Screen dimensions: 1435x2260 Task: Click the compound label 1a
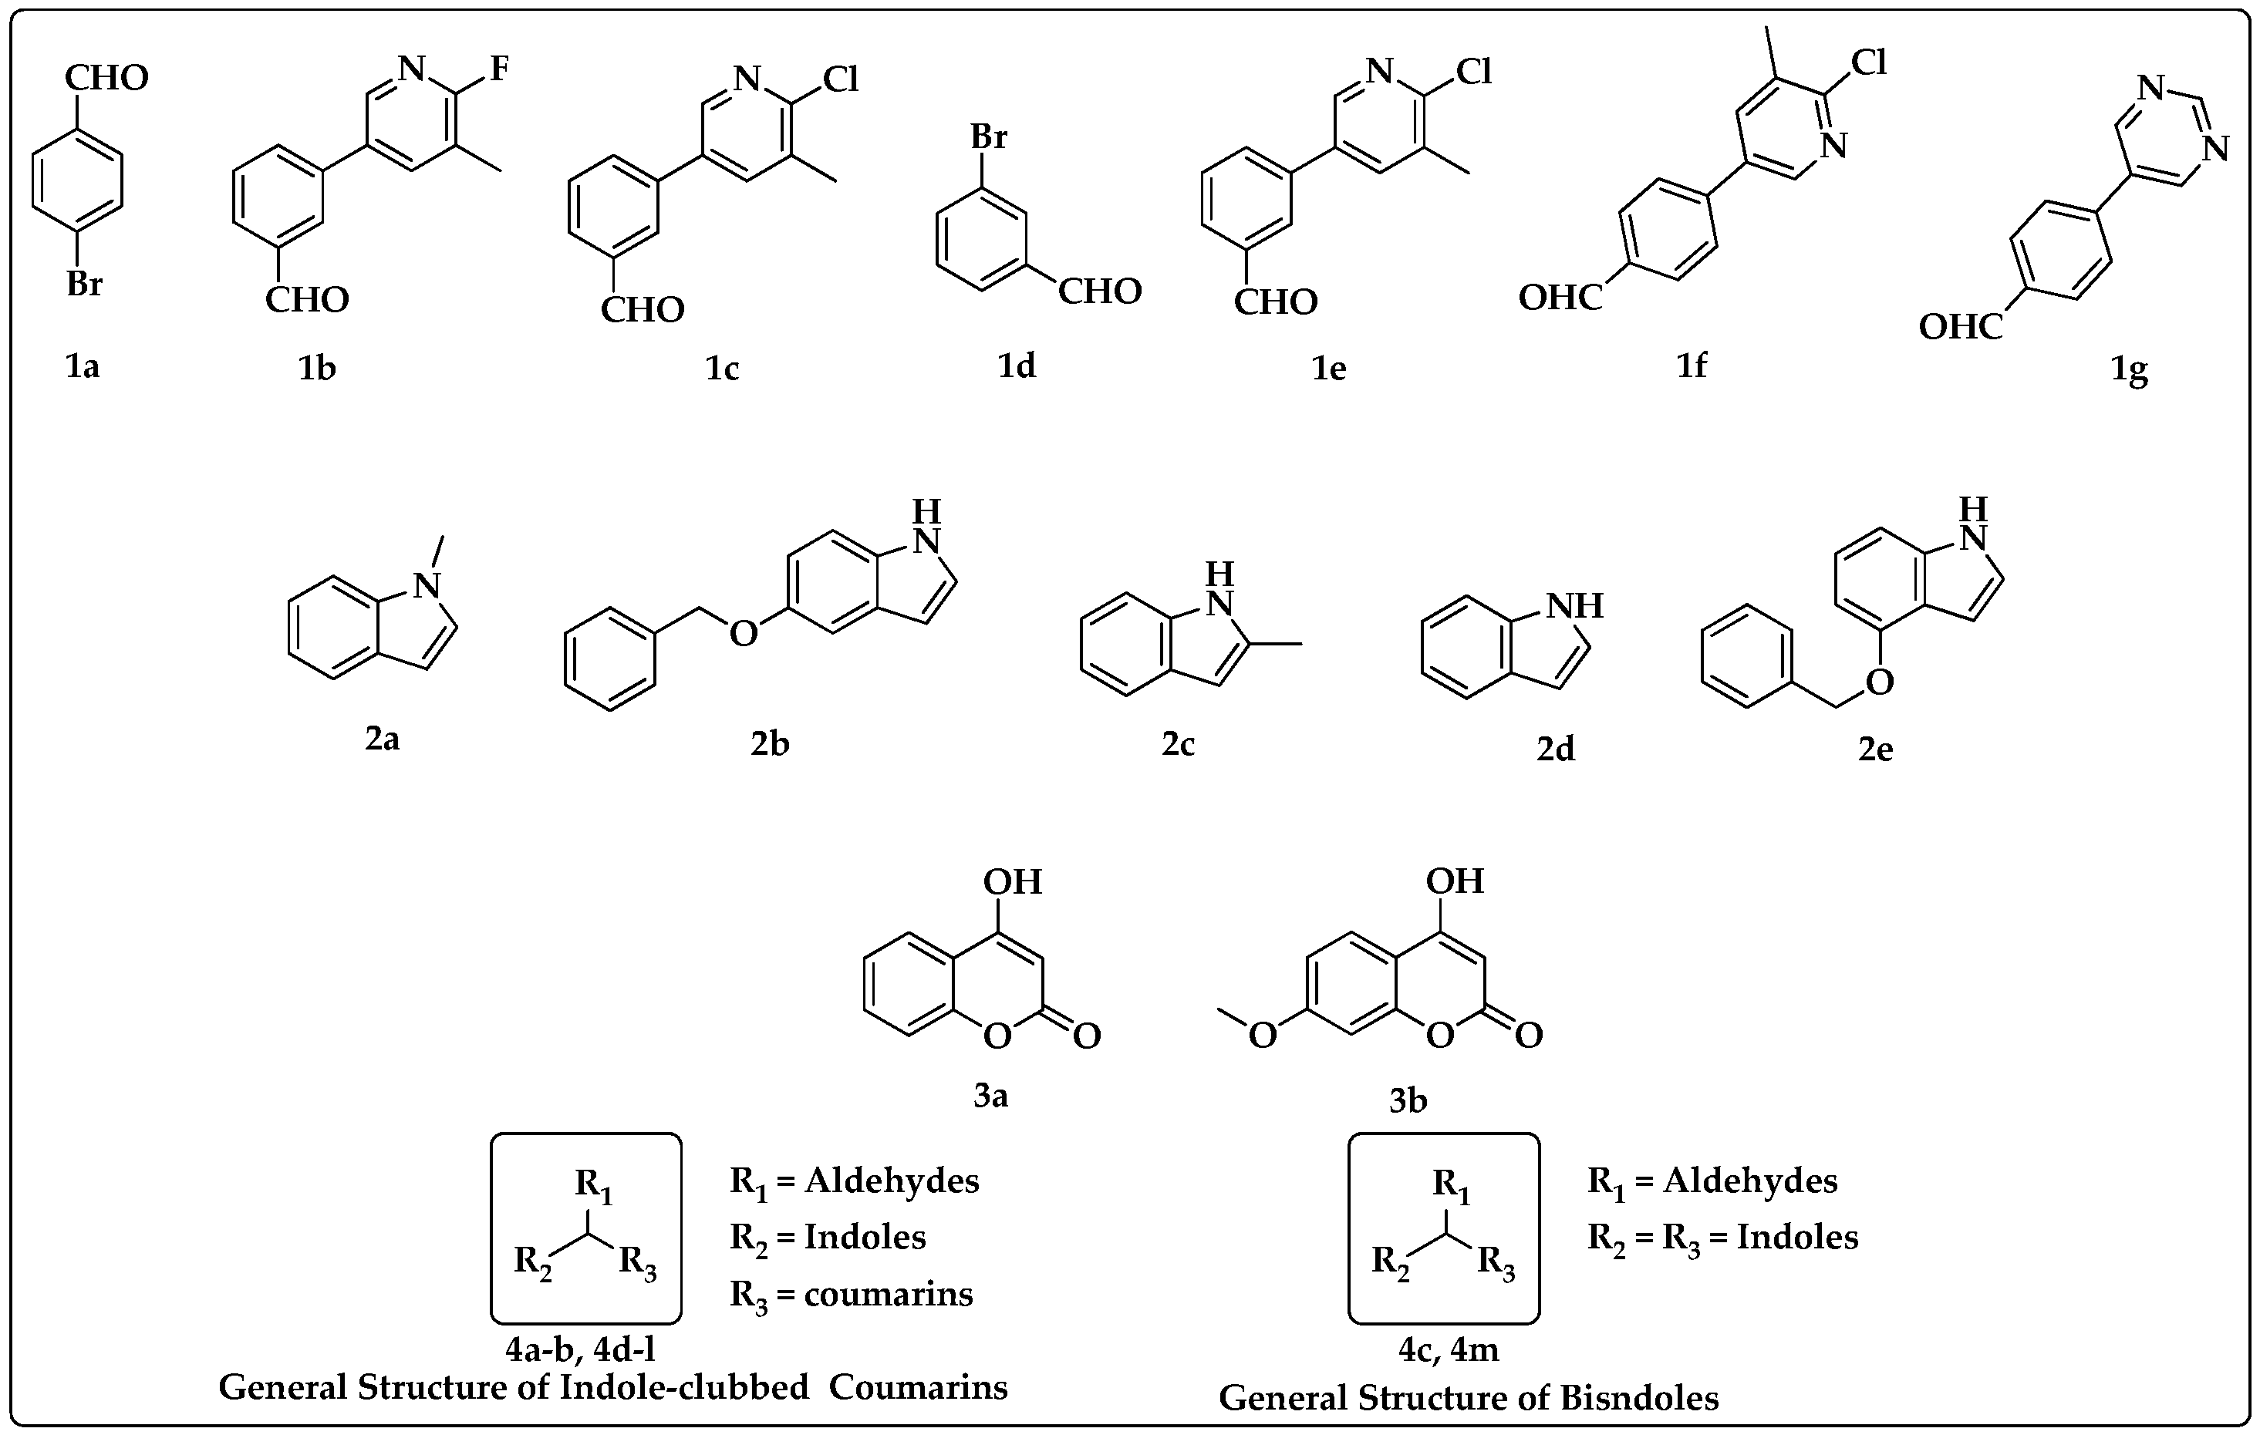[x=83, y=366]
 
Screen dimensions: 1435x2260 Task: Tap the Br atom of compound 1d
[x=988, y=137]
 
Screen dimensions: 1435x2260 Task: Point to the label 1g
[x=2129, y=370]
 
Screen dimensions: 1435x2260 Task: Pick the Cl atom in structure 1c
[x=840, y=79]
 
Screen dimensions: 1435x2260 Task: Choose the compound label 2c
[x=1178, y=743]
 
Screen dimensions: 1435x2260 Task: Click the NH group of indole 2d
[x=1575, y=605]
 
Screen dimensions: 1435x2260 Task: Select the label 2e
[x=1875, y=748]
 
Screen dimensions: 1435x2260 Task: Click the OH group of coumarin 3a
[x=1013, y=881]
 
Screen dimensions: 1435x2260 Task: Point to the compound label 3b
[x=1408, y=1100]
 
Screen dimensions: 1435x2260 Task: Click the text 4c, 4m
[x=1448, y=1349]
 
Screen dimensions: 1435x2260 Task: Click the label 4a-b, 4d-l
[x=580, y=1349]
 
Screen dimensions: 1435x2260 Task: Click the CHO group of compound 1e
[x=1276, y=301]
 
